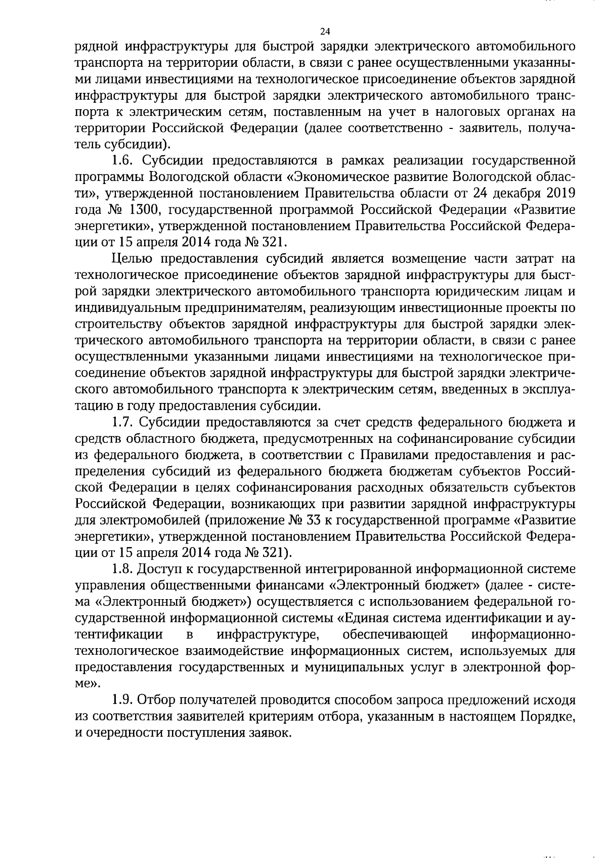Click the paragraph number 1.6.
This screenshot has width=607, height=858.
[x=121, y=161]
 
